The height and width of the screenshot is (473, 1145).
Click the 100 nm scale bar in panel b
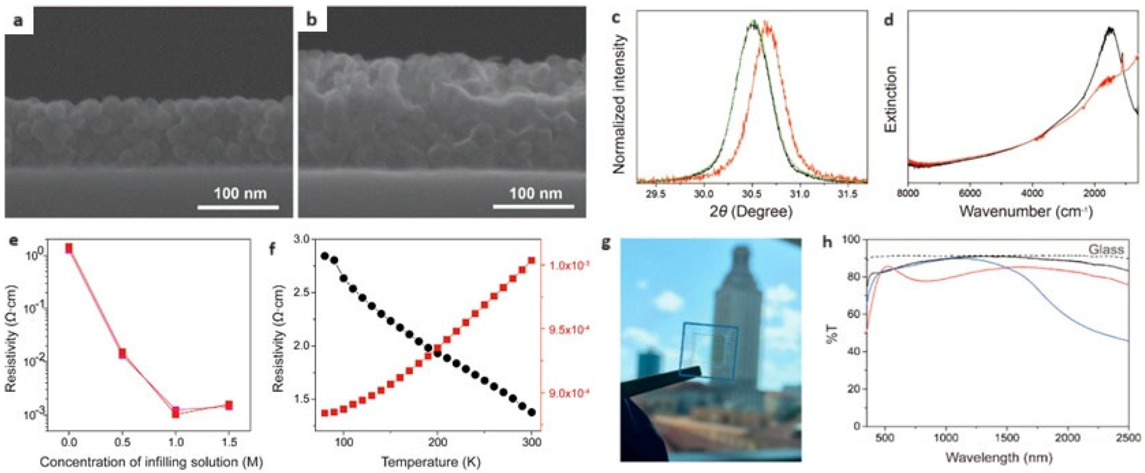click(534, 207)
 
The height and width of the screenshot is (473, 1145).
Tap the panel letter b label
click(312, 20)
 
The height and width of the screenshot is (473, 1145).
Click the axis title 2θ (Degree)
click(751, 211)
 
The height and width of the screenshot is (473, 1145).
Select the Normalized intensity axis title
click(619, 104)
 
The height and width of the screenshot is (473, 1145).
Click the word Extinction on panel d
click(891, 99)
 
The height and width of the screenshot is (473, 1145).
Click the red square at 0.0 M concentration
click(68, 248)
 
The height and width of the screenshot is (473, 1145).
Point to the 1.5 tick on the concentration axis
click(229, 442)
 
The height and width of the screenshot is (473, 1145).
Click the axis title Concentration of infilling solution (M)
click(151, 462)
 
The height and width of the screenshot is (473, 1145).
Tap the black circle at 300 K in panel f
click(531, 412)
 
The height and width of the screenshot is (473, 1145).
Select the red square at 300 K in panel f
click(531, 260)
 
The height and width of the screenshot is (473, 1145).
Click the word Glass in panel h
click(1106, 249)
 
